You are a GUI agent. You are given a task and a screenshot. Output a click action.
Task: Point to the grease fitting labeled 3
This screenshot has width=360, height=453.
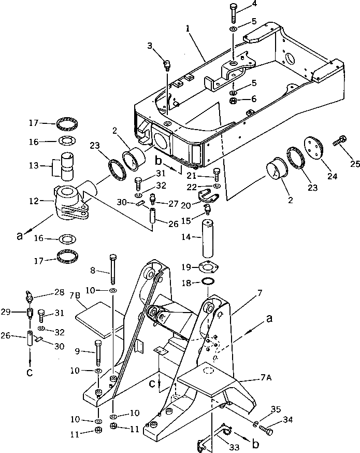coord(167,65)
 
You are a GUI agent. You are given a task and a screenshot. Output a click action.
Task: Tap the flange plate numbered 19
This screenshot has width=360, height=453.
coord(207,267)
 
